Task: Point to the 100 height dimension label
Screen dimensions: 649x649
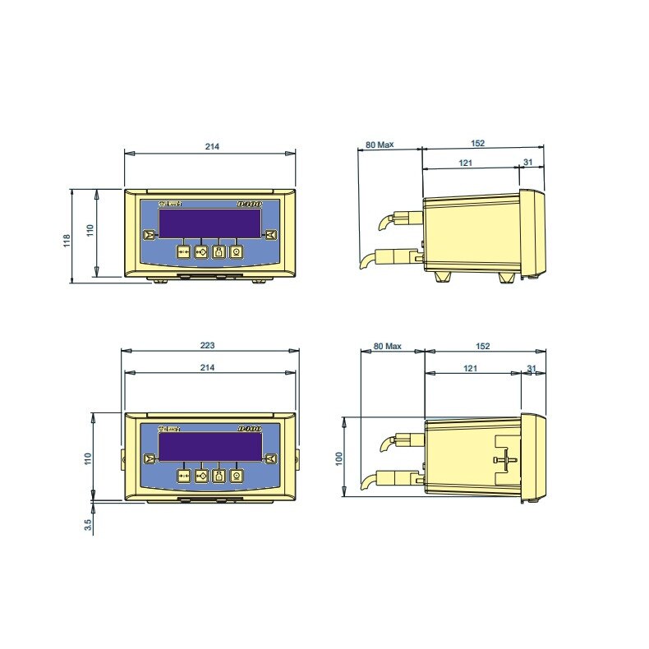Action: click(338, 457)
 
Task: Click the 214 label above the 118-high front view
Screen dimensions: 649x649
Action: click(211, 146)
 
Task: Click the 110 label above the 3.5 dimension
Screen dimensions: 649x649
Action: click(89, 457)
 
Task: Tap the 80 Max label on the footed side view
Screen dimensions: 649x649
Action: click(380, 145)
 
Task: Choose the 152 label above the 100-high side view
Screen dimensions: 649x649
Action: click(482, 346)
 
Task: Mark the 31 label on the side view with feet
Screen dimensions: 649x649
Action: click(528, 163)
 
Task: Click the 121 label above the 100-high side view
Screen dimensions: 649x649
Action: click(469, 368)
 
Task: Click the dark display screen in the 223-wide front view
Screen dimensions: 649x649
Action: click(209, 448)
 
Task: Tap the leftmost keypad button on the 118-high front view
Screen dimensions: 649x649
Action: click(183, 252)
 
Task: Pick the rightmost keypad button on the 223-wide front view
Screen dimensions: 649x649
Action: click(237, 475)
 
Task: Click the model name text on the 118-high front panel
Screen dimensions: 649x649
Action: click(247, 202)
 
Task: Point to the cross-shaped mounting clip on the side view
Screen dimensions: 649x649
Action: click(507, 458)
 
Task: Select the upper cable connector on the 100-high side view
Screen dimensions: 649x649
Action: click(406, 441)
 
